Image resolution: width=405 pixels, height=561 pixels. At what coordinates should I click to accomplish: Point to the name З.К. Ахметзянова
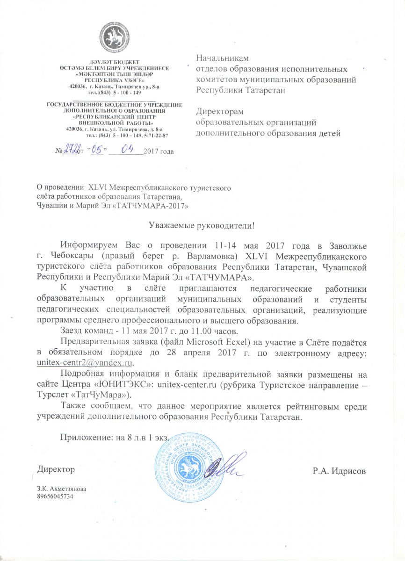point(61,489)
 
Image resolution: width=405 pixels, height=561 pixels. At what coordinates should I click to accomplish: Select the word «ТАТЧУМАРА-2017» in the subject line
point(151,205)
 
